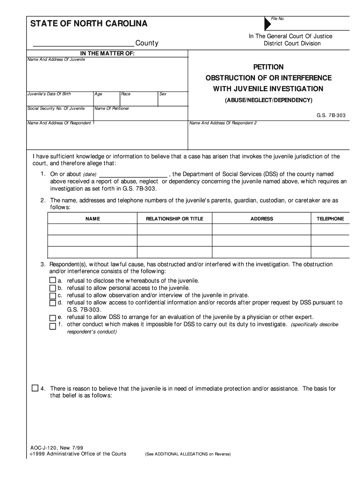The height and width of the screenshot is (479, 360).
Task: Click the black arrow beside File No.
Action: pyautogui.click(x=267, y=23)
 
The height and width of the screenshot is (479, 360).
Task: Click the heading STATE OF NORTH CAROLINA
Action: pyautogui.click(x=89, y=23)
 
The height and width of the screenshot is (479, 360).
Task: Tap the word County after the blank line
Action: pyautogui.click(x=147, y=44)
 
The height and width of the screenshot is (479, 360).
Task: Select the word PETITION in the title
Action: pyautogui.click(x=268, y=67)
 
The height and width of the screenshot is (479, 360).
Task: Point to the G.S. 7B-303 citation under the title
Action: pyautogui.click(x=331, y=115)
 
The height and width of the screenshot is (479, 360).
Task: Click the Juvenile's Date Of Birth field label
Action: pyautogui.click(x=49, y=94)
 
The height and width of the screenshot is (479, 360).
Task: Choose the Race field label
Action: pyautogui.click(x=126, y=94)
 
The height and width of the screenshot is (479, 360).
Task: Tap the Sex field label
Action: pyautogui.click(x=163, y=94)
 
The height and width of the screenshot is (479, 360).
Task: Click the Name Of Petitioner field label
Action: pyautogui.click(x=112, y=109)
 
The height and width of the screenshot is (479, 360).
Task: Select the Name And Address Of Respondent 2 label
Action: pyautogui.click(x=223, y=123)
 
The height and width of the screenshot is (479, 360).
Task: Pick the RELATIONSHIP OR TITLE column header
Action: pyautogui.click(x=174, y=218)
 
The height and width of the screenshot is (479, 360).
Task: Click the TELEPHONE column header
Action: pyautogui.click(x=330, y=218)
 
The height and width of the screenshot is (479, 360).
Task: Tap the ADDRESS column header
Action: pyautogui.click(x=262, y=218)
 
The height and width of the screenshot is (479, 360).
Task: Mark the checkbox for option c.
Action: pyautogui.click(x=52, y=296)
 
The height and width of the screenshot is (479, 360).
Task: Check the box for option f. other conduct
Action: pyautogui.click(x=52, y=325)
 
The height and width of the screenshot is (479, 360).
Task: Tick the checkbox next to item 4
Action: pyautogui.click(x=35, y=388)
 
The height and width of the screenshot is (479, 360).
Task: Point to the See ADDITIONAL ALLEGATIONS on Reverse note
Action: pyautogui.click(x=187, y=454)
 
